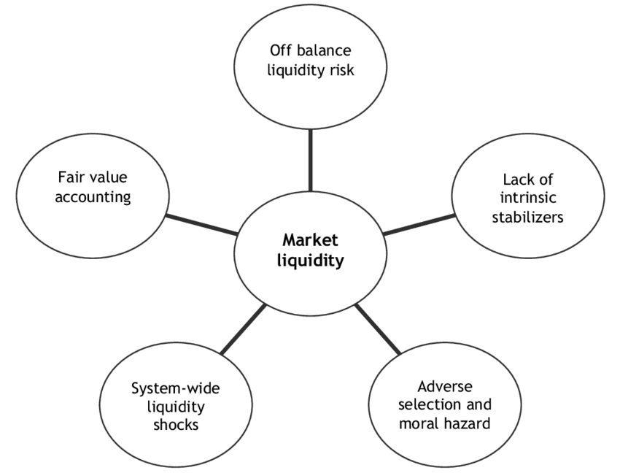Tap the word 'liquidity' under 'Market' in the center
310,261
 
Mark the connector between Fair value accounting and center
201,223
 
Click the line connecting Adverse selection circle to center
378,328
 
